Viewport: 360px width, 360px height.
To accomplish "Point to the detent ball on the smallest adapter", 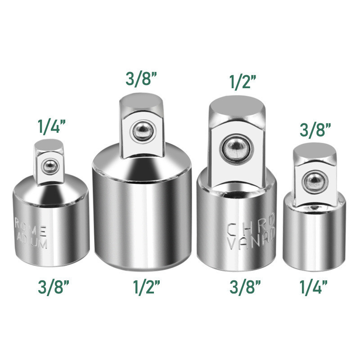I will (x=312, y=180).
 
